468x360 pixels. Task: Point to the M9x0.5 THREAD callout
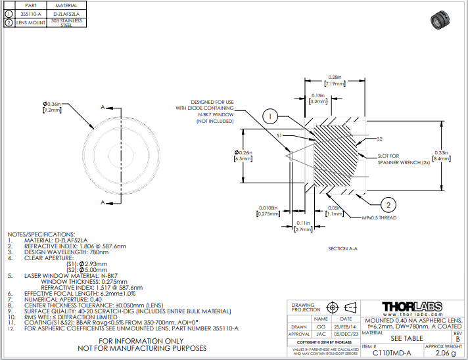tap(379, 217)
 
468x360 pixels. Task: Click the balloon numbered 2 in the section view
tap(388, 203)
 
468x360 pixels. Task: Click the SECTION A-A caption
tap(342, 249)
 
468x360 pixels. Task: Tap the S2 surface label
tap(379, 139)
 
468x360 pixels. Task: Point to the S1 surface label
tap(279, 135)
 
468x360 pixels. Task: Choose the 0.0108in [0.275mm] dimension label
tap(268, 211)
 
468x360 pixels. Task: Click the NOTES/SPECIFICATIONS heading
tap(41, 235)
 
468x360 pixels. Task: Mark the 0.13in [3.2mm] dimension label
tap(319, 99)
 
